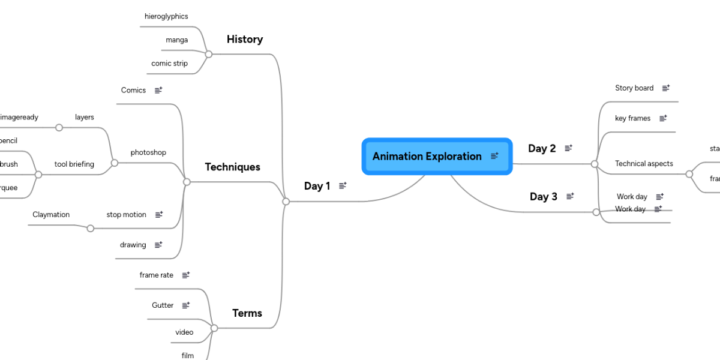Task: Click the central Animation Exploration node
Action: tap(427, 157)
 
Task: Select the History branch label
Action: tap(245, 40)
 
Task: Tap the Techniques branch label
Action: tap(233, 167)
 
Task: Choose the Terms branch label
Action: tap(247, 313)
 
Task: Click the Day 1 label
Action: tap(317, 186)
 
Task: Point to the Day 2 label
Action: tap(542, 149)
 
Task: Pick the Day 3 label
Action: tap(544, 197)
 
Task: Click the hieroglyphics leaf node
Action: tap(166, 17)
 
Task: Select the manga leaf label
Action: tap(177, 40)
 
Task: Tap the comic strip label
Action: tap(169, 64)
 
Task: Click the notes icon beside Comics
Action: tap(158, 91)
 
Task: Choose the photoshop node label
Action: tap(148, 153)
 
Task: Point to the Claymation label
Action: tap(51, 215)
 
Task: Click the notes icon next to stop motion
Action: tap(159, 215)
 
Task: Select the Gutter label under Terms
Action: tap(163, 305)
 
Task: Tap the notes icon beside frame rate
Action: tap(186, 275)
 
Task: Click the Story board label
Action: tap(634, 88)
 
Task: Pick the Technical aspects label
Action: tap(644, 164)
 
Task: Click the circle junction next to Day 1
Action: tap(286, 202)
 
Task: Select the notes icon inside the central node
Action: tap(494, 156)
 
